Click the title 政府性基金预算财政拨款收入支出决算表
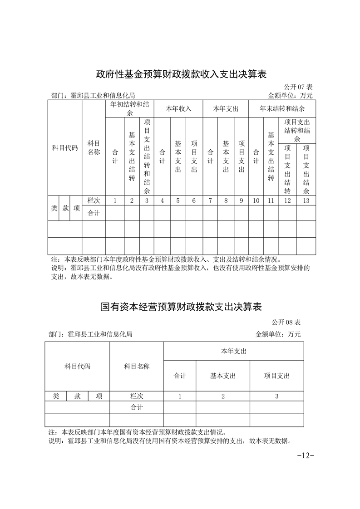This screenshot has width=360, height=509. click(x=180, y=73)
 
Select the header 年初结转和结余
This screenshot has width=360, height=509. click(x=129, y=109)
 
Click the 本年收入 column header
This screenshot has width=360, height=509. click(x=178, y=109)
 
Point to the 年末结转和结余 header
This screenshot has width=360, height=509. click(x=282, y=109)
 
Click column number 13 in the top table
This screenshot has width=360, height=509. click(x=306, y=201)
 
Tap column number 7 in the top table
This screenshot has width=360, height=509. click(x=210, y=201)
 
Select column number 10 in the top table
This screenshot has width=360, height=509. click(x=256, y=201)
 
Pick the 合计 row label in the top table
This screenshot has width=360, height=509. click(x=94, y=213)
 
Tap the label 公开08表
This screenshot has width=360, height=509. click(x=286, y=323)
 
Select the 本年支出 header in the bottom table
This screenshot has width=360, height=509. click(x=233, y=351)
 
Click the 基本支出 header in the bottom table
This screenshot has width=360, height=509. click(x=223, y=376)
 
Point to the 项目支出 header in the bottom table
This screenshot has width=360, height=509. click(x=277, y=376)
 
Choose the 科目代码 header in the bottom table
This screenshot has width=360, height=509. click(x=77, y=366)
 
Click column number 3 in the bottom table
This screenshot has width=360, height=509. click(x=277, y=396)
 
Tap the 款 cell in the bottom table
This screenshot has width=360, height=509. click(x=78, y=396)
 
